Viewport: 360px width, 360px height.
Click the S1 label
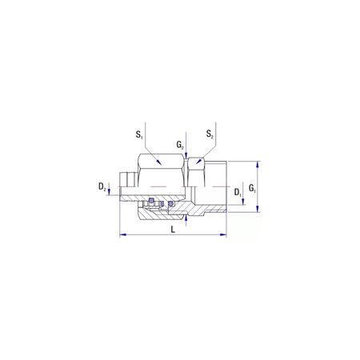pyautogui.click(x=139, y=134)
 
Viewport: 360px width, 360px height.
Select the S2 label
pyautogui.click(x=210, y=134)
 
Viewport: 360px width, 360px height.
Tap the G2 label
pyautogui.click(x=181, y=146)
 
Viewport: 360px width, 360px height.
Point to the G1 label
pyautogui.click(x=252, y=189)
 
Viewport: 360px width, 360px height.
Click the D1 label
pyautogui.click(x=238, y=193)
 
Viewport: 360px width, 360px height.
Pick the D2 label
pyautogui.click(x=102, y=187)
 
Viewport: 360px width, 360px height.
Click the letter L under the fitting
pyautogui.click(x=173, y=230)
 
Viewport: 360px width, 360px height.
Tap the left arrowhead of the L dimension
pyautogui.click(x=122, y=235)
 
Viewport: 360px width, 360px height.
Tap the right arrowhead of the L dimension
pyautogui.click(x=225, y=235)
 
